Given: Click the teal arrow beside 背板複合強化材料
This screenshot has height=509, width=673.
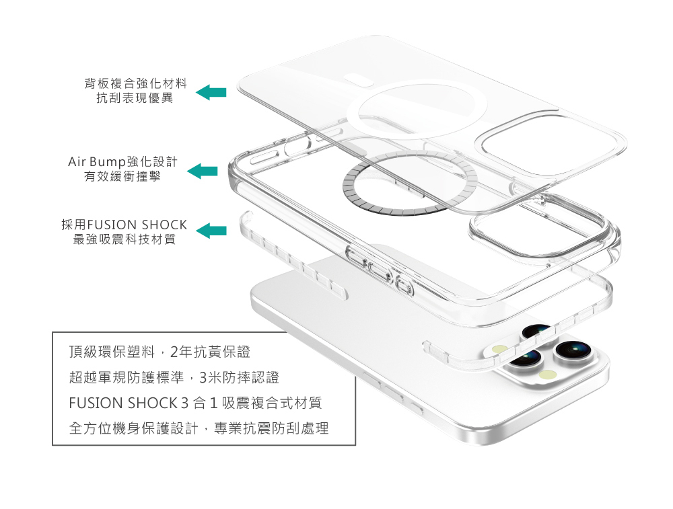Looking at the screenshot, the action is (x=211, y=92).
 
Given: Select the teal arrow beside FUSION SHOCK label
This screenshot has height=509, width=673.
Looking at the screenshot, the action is (x=211, y=231).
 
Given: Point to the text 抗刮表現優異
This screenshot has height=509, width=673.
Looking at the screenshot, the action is (x=135, y=99).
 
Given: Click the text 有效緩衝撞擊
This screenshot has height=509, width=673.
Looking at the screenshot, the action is (x=122, y=177).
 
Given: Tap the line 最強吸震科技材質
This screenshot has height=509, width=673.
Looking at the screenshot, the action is (x=124, y=239).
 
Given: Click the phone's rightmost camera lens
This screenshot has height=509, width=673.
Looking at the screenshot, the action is (x=571, y=350).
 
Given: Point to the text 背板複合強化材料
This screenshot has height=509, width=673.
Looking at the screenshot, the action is (x=135, y=84).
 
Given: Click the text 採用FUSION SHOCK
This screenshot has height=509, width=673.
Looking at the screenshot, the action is (x=124, y=225).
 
